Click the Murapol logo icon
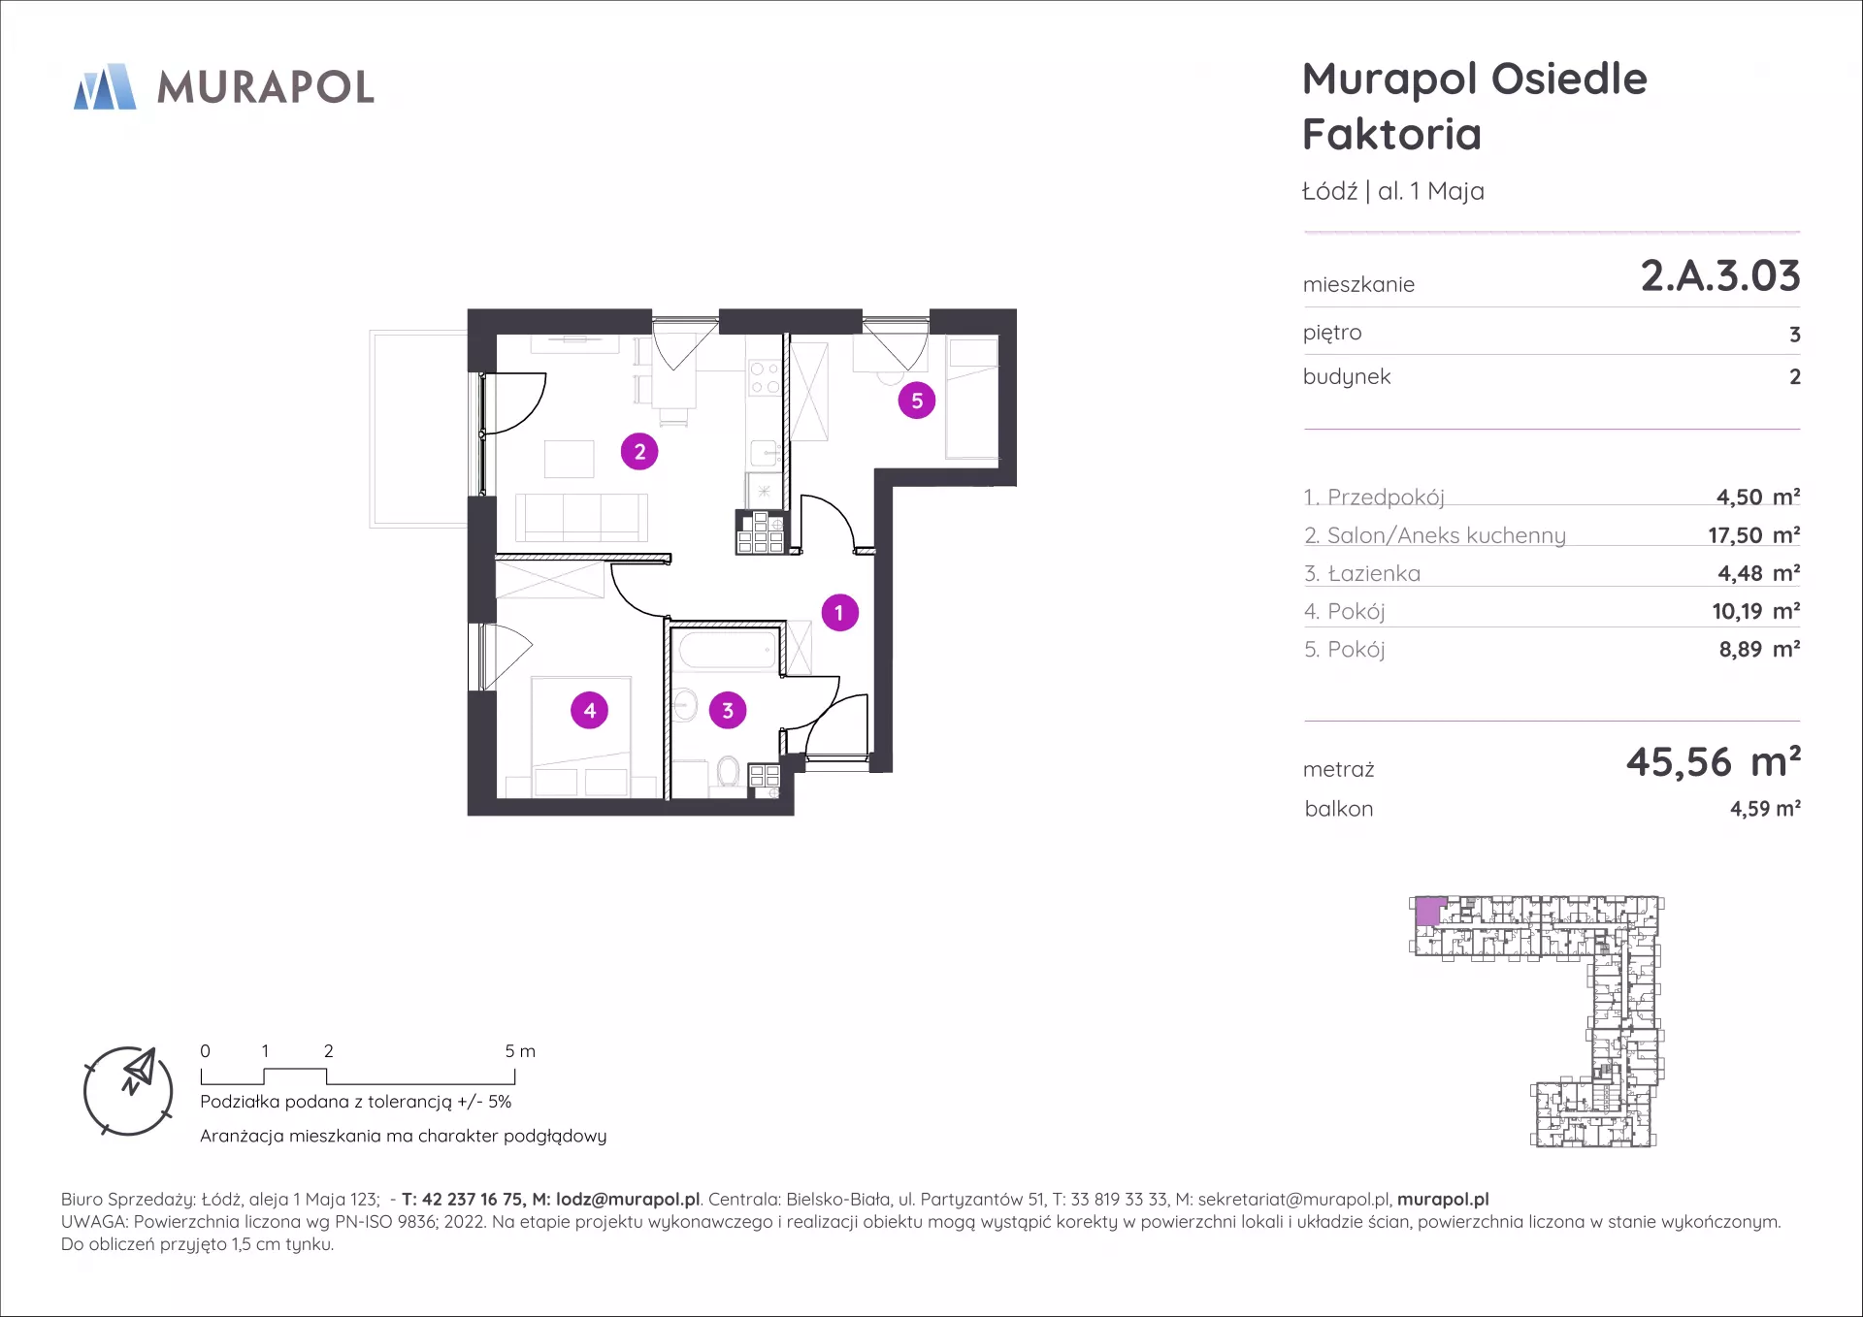click(x=105, y=86)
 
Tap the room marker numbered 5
click(x=917, y=401)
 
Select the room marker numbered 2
click(x=639, y=451)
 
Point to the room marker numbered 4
click(x=590, y=710)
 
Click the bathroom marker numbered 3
click(x=728, y=710)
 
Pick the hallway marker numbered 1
click(x=840, y=613)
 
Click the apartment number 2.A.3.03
click(x=1720, y=275)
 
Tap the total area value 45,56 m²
click(x=1714, y=762)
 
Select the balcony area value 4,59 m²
click(x=1765, y=809)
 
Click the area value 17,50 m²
click(x=1754, y=535)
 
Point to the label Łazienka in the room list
click(x=1374, y=573)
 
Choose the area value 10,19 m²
click(x=1756, y=611)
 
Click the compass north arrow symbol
click(x=138, y=1070)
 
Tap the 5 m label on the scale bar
click(x=520, y=1051)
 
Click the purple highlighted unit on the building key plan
click(x=1428, y=912)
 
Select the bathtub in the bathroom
click(x=728, y=649)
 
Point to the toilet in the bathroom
click(x=729, y=773)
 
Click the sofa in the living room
click(x=581, y=517)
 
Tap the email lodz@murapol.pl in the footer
click(x=628, y=1200)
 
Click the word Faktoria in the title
click(x=1392, y=134)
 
